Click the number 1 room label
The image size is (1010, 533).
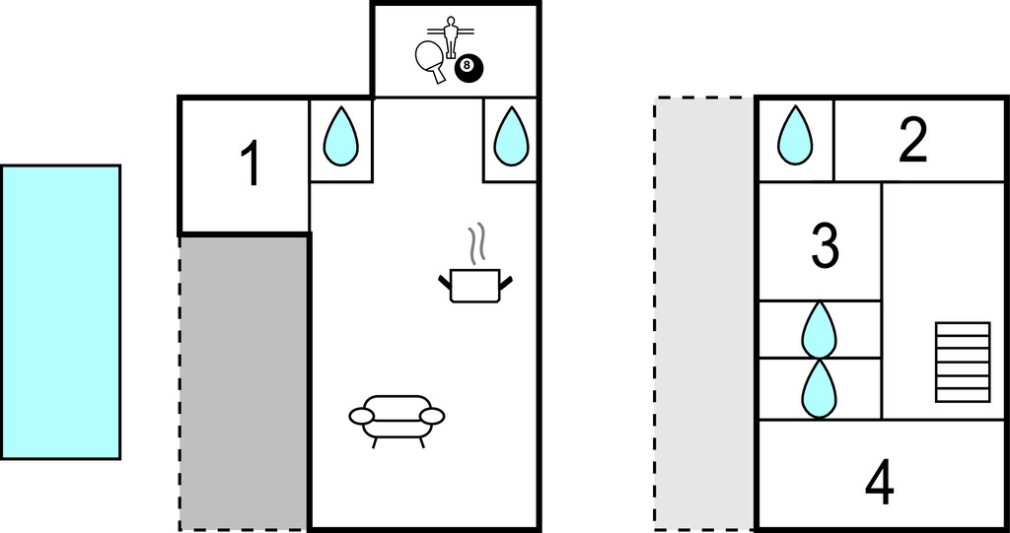coord(252,165)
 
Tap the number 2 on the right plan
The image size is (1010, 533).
coord(912,140)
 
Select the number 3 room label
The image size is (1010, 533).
coord(825,245)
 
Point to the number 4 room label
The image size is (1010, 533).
coord(879,483)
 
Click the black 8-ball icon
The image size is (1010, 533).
coord(469,69)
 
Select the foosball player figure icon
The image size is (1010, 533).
coord(452,35)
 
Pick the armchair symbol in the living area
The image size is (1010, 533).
coord(397,418)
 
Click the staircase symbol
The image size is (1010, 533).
coord(962,362)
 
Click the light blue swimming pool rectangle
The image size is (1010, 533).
coord(60,311)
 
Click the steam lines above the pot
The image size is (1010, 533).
coord(477,244)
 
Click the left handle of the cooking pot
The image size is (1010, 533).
coord(444,284)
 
